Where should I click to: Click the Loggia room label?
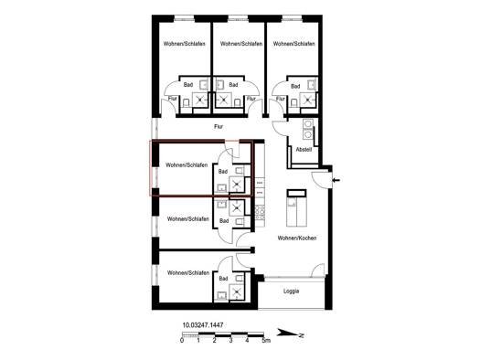(x=291, y=291)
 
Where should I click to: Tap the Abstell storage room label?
(x=304, y=150)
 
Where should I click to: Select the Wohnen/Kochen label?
(x=296, y=238)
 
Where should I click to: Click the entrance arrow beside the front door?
(x=336, y=180)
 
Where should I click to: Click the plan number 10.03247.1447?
(x=203, y=325)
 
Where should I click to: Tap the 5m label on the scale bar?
(x=266, y=340)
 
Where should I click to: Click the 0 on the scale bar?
(x=182, y=340)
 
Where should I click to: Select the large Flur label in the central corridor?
(x=219, y=126)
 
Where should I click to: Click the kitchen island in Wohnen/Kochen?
(x=296, y=208)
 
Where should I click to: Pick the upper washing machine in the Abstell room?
(x=307, y=123)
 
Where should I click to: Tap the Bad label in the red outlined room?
(x=223, y=172)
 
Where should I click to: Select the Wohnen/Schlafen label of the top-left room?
(x=184, y=44)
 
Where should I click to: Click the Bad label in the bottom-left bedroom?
(x=223, y=279)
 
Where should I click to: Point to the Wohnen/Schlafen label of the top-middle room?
(x=241, y=44)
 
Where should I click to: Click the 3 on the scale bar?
(x=230, y=340)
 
